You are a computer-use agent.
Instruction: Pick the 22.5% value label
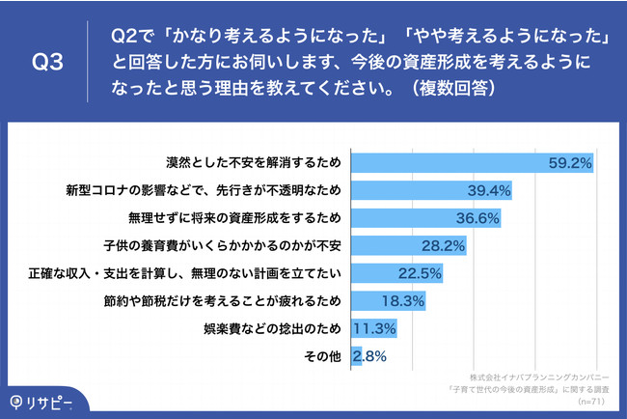419,273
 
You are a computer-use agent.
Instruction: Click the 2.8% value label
369,356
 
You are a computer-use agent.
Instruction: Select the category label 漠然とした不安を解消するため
254,162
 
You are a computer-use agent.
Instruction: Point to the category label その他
324,356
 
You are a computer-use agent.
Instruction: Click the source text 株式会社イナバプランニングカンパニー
538,372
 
